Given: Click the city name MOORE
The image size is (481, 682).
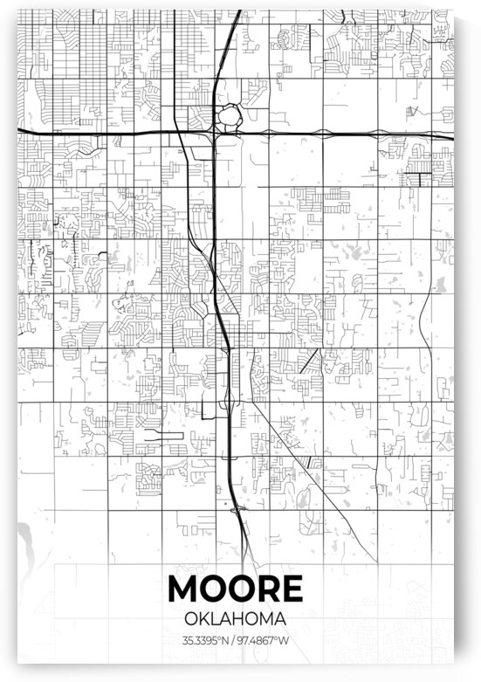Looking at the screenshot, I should (235, 589).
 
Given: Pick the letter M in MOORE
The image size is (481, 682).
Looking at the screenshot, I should (184, 589).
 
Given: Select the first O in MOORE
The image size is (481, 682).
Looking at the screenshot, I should (211, 589).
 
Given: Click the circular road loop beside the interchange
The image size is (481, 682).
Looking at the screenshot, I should (230, 114).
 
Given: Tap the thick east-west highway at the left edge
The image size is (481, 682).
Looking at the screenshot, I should (26, 130).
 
